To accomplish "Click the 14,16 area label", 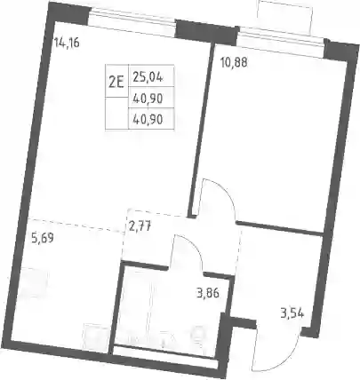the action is click(67, 44).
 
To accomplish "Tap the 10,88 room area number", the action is click(234, 63).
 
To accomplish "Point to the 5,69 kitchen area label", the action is click(42, 238).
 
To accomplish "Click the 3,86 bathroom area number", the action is click(207, 293).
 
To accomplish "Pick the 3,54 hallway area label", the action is click(292, 313).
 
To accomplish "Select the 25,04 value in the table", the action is click(148, 77).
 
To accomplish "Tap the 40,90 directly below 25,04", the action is click(148, 99).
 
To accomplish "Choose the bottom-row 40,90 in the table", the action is click(148, 120).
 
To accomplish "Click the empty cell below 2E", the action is click(116, 114).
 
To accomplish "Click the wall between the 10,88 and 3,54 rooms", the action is click(279, 228).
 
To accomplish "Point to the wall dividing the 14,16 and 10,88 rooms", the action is click(202, 128).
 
